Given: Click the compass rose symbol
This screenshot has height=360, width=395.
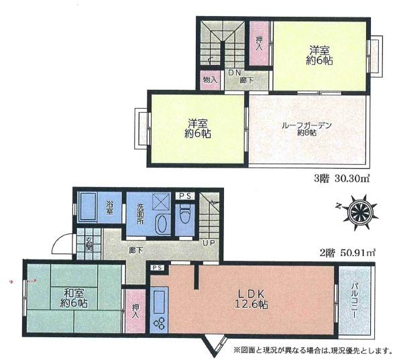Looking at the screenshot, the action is (x=358, y=213).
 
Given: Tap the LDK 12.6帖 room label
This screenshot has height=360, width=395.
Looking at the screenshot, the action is (x=251, y=299).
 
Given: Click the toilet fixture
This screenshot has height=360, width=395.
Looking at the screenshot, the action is (x=184, y=216).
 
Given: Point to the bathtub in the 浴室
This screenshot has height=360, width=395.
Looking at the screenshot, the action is (x=88, y=207).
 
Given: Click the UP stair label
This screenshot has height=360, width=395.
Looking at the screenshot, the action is (x=209, y=243).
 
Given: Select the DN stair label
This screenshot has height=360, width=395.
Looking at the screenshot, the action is (x=235, y=72).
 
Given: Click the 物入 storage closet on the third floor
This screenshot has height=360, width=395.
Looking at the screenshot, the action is (x=210, y=80).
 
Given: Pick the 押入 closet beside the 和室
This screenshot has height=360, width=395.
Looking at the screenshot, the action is (x=135, y=311).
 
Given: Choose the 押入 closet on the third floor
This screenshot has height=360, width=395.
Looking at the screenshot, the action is (x=259, y=44).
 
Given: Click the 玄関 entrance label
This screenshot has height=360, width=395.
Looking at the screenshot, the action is (x=89, y=244).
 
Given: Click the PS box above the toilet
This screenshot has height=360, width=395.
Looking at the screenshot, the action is (x=184, y=196).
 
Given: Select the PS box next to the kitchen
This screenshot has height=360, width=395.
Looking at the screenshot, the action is (x=158, y=267).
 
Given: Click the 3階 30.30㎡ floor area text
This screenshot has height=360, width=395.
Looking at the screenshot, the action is (x=341, y=179).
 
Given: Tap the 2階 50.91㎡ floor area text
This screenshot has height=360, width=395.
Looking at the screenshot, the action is (x=347, y=253).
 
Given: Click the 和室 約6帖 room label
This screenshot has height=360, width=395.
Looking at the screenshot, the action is (x=74, y=298).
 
